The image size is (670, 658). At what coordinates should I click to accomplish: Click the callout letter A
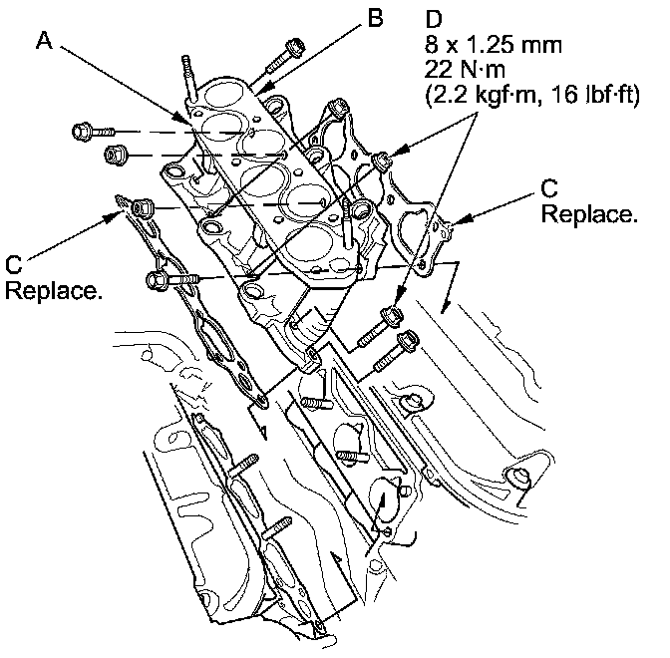[x=43, y=41]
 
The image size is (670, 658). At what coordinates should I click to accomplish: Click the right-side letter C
[x=550, y=186]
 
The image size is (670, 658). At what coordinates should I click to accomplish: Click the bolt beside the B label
[x=294, y=47]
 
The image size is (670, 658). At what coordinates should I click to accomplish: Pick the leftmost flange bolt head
[x=82, y=130]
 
